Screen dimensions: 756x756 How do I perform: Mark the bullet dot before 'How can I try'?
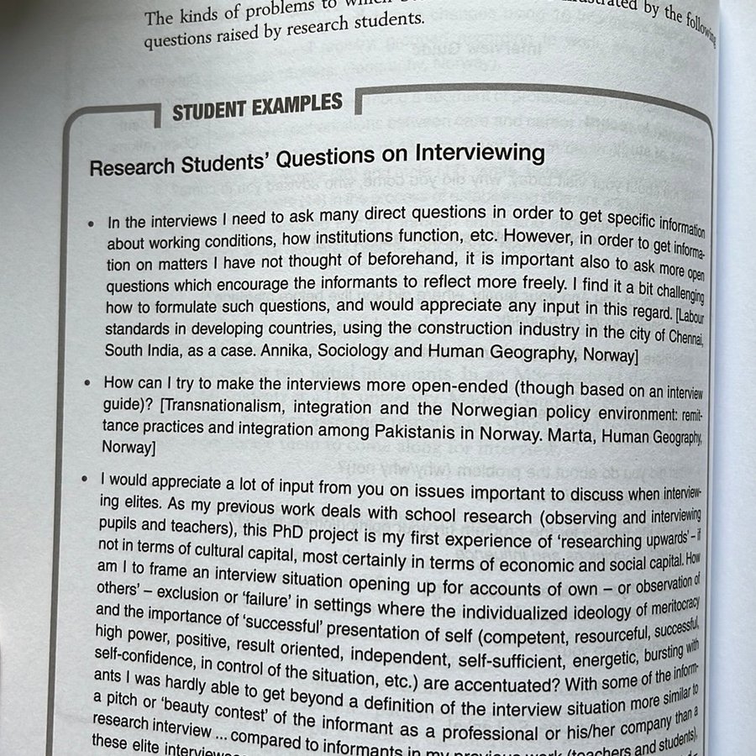[88, 383]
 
